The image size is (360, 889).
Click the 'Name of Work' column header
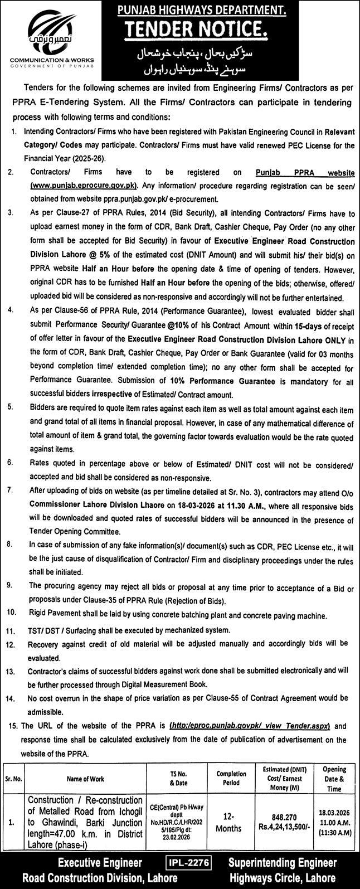pos(86,779)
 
